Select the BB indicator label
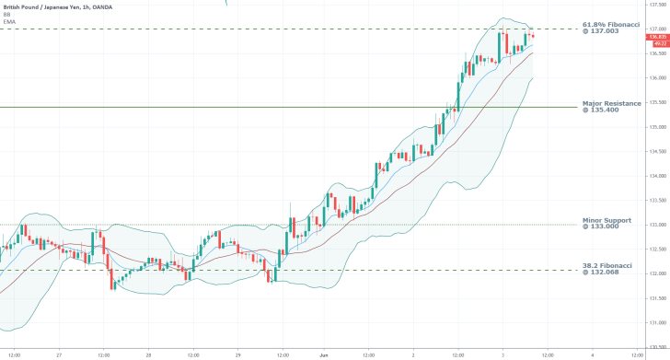(x=6, y=15)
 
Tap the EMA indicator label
(x=8, y=22)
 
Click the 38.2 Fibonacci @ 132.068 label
(x=608, y=269)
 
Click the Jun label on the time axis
(x=324, y=354)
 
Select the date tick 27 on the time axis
(x=58, y=354)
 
